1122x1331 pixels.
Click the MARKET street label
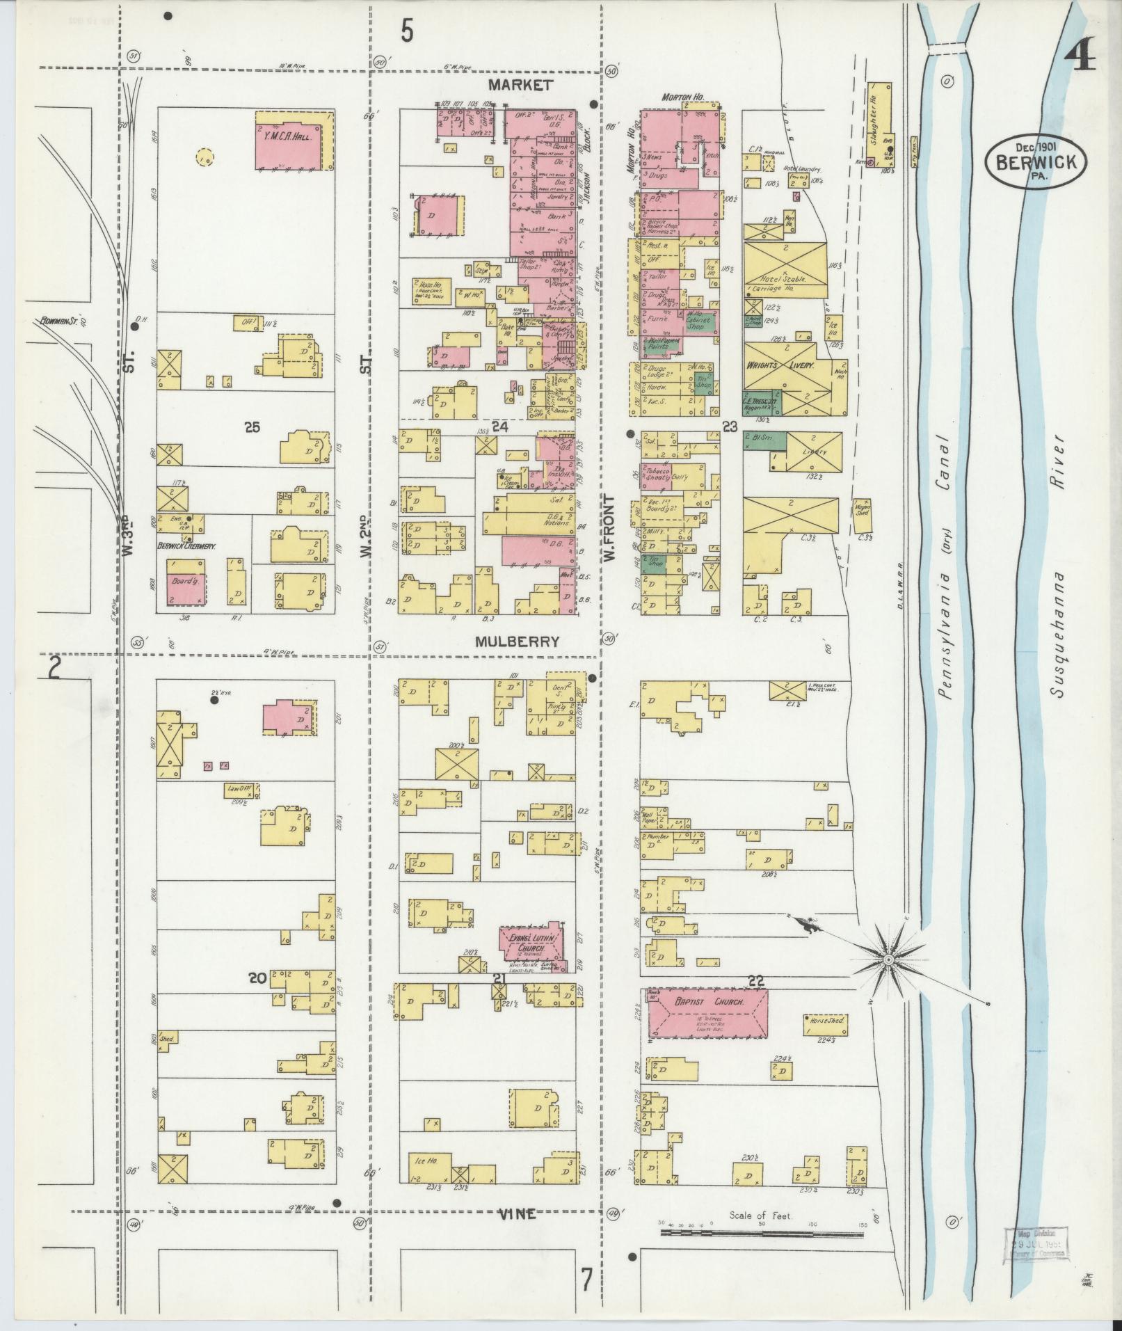point(520,85)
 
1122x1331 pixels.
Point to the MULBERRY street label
point(516,641)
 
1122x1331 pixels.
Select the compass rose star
point(888,960)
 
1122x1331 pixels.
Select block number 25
point(252,427)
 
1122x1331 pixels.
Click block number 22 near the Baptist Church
point(756,980)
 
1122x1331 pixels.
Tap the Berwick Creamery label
point(186,546)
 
